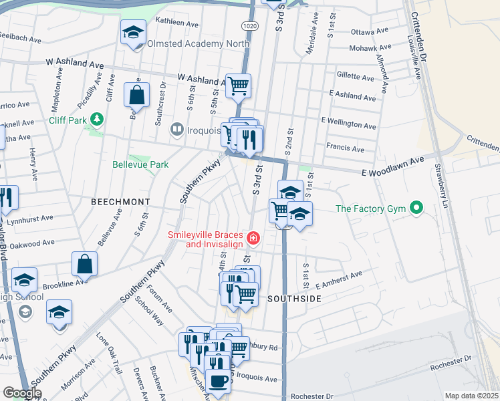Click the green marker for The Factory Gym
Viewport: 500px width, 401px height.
[416, 209]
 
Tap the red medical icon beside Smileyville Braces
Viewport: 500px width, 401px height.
[253, 237]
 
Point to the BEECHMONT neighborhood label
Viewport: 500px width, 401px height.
[120, 200]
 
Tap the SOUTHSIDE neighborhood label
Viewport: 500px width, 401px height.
[294, 299]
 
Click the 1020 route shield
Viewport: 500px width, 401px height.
[250, 25]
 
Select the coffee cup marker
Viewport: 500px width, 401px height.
[217, 381]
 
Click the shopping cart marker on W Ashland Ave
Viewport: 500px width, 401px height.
[238, 85]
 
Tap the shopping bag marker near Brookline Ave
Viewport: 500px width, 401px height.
[85, 263]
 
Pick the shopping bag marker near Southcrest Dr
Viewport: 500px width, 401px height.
[136, 95]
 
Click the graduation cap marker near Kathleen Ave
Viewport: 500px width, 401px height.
[133, 31]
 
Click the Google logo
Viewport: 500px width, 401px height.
[22, 393]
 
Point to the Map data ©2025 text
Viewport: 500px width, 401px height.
[471, 396]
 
